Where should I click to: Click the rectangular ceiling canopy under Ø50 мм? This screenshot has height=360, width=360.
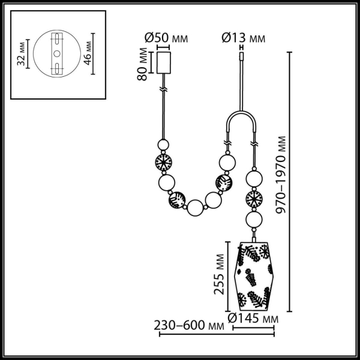[164, 62]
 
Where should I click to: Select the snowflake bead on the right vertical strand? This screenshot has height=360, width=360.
[253, 200]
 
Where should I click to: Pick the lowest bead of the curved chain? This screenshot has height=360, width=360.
[195, 209]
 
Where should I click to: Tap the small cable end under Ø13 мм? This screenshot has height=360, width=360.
[242, 57]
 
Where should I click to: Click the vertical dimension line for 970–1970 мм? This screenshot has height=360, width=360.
[290, 180]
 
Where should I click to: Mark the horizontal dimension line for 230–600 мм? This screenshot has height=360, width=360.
[216, 334]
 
